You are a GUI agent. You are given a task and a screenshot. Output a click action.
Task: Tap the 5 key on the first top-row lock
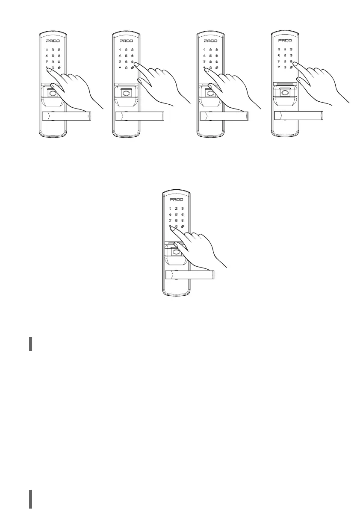coord(53,56)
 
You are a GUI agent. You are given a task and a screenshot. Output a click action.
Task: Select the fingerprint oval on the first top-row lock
coord(53,94)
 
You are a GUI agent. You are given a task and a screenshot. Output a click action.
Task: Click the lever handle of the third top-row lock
coord(224,116)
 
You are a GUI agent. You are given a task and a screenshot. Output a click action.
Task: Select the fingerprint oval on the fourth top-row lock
coord(284,93)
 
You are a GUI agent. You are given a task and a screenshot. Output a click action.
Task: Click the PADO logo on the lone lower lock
coord(177,200)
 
